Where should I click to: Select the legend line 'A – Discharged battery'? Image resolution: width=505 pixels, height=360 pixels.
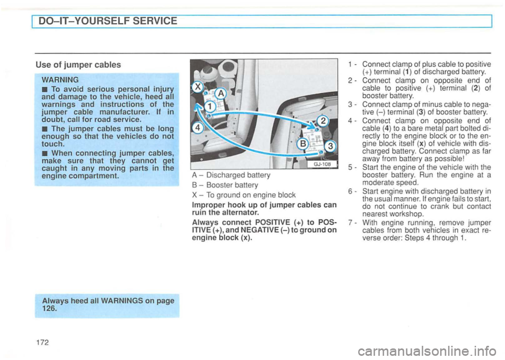(225, 176)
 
